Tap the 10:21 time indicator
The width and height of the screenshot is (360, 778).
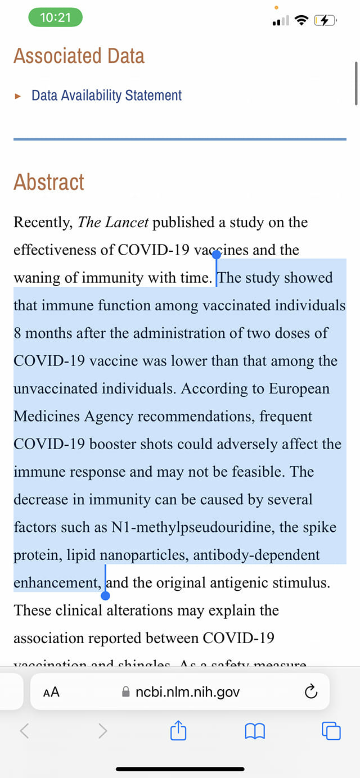point(56,17)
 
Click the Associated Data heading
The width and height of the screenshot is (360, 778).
point(79,56)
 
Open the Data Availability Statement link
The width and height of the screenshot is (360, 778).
point(106,96)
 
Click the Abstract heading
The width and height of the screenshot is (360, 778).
point(49,182)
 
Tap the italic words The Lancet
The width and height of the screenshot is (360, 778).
point(113,222)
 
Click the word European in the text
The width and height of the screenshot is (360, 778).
point(299,388)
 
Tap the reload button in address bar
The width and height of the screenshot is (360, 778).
point(310,692)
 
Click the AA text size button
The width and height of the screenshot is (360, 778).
point(51,692)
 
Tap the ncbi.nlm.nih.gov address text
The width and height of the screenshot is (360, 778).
point(187,692)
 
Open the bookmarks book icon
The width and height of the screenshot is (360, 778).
point(255,731)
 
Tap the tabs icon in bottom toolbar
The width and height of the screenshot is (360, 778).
point(331,731)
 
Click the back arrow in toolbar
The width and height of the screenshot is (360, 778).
point(24,731)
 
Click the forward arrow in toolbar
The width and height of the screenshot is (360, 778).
point(102,731)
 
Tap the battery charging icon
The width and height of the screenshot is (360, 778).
point(326,21)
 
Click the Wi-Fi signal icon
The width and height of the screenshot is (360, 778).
point(302,21)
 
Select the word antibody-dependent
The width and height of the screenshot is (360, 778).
point(256,555)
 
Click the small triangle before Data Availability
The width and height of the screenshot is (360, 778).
point(18,96)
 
